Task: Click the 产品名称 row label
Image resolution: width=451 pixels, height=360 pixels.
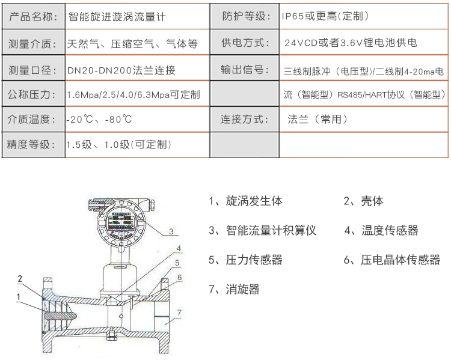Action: (x=33, y=16)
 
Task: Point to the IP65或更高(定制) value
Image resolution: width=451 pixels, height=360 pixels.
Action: (x=325, y=16)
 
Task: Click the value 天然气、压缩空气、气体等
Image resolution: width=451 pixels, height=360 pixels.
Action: (x=133, y=44)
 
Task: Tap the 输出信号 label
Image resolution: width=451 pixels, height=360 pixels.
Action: (x=245, y=69)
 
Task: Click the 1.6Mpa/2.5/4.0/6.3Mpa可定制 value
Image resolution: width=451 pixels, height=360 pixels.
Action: (x=133, y=94)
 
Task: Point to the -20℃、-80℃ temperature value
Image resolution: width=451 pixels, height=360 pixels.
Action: (x=99, y=119)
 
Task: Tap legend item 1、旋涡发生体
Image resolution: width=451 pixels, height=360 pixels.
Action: (x=245, y=201)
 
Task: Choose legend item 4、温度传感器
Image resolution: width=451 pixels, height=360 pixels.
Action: (x=381, y=230)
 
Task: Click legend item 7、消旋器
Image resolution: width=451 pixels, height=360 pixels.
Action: (x=234, y=288)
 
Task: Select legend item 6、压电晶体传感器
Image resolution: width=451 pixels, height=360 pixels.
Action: (x=392, y=260)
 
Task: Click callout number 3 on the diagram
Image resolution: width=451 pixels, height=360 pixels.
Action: (x=171, y=231)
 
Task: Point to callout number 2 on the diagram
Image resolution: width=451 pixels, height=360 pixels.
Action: (x=20, y=278)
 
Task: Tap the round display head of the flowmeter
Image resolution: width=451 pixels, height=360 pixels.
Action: (x=120, y=222)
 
